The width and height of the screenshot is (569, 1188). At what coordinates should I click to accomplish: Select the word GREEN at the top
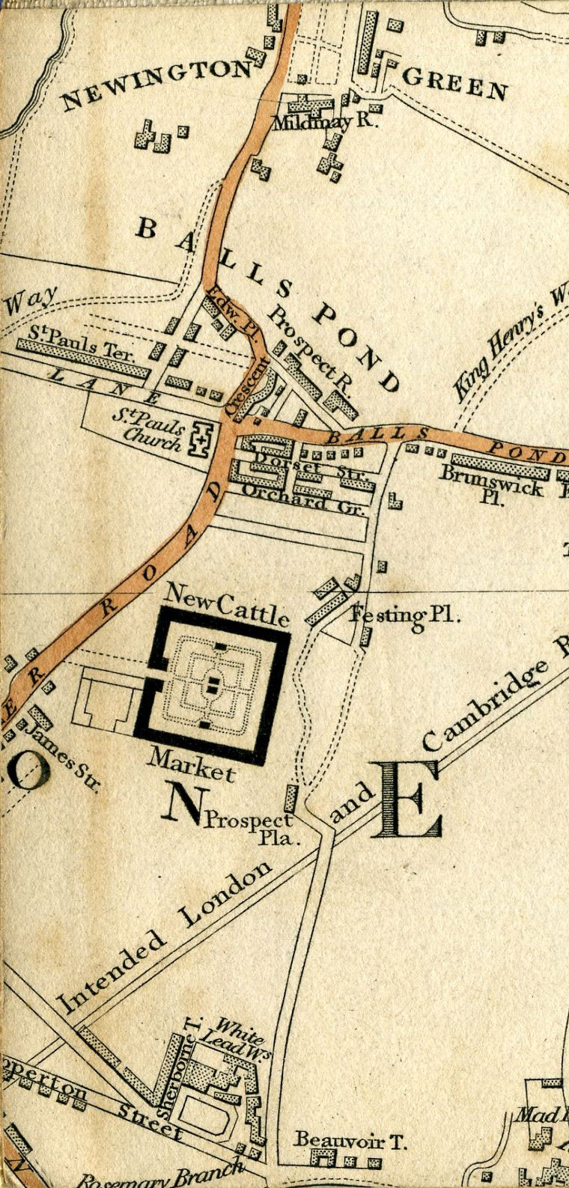pos(455,82)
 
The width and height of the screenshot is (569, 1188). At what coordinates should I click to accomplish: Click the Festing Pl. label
pos(404,615)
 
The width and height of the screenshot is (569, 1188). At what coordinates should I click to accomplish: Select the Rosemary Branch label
pos(161,1176)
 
